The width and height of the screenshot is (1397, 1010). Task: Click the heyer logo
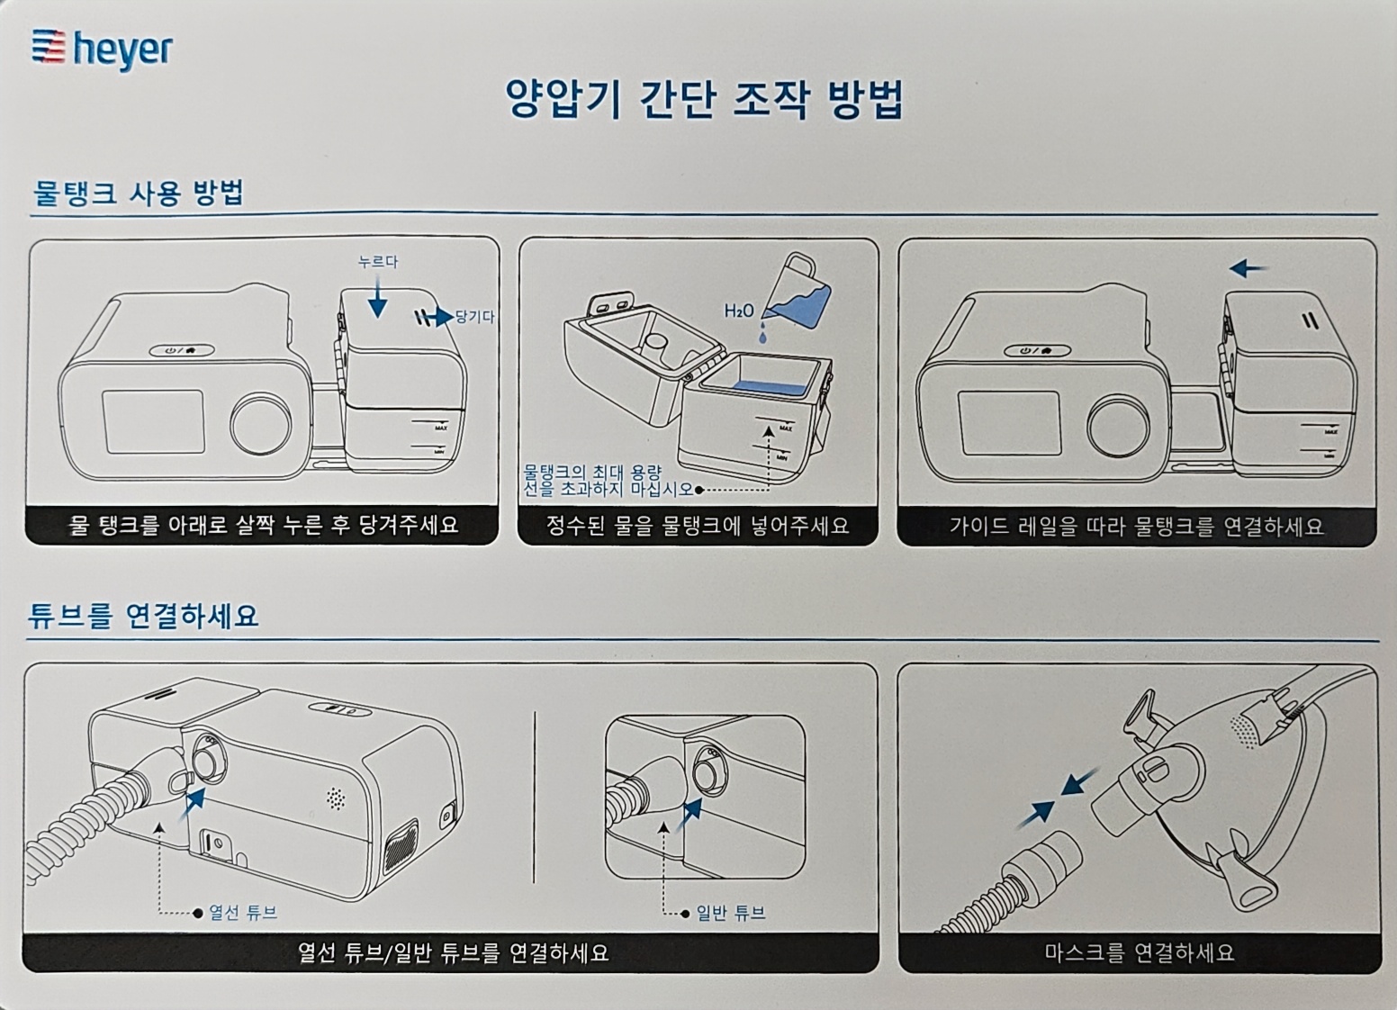click(x=102, y=50)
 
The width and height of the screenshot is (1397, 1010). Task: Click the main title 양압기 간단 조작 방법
click(x=704, y=99)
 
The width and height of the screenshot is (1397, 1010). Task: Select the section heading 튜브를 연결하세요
click(x=144, y=616)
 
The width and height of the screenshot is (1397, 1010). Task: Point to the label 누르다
click(x=377, y=262)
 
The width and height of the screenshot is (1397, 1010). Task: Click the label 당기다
click(x=474, y=317)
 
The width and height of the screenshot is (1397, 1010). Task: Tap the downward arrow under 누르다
click(x=377, y=296)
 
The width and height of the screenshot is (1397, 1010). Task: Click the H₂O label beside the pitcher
click(x=739, y=311)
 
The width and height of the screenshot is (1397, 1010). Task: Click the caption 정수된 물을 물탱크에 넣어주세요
click(x=698, y=525)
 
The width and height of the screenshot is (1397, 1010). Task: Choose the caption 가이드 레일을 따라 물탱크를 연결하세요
click(x=1136, y=526)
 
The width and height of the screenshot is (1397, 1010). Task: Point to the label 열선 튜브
click(x=243, y=913)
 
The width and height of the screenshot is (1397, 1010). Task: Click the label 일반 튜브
click(x=730, y=913)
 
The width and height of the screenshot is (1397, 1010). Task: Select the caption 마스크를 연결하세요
click(x=1139, y=951)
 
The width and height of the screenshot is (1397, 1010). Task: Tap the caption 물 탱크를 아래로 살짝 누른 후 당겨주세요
click(x=263, y=524)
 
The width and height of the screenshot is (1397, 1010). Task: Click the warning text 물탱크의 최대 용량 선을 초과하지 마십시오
click(x=608, y=480)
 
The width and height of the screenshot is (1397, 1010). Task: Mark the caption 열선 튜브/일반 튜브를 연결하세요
click(x=453, y=952)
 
